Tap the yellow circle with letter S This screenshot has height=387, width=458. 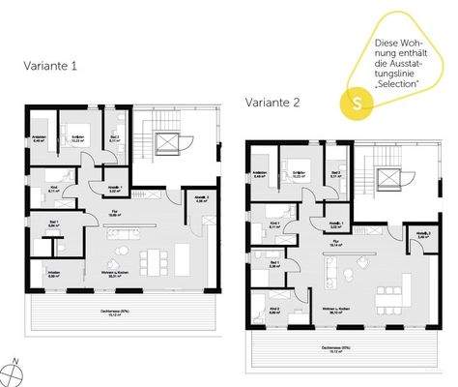point(359,100)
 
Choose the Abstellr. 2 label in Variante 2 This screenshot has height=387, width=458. point(422,234)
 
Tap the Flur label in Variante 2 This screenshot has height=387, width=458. point(336,244)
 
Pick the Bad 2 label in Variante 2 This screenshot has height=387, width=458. point(334,175)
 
